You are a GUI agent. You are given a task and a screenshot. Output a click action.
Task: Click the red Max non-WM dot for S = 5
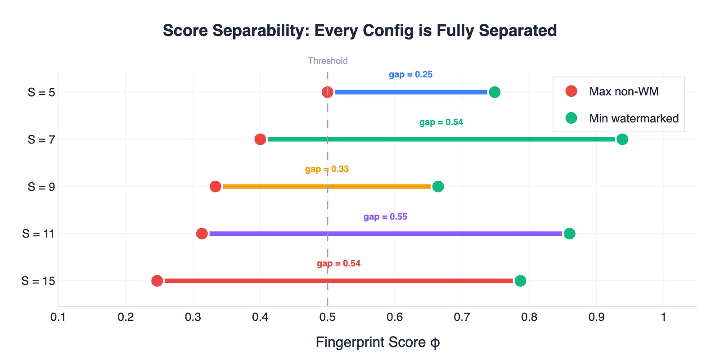click(x=328, y=92)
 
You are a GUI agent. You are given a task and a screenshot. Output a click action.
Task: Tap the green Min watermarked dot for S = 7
click(x=622, y=139)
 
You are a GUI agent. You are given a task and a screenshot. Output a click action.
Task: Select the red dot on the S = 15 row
click(x=157, y=281)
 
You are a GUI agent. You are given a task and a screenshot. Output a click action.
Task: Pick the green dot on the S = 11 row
click(x=569, y=234)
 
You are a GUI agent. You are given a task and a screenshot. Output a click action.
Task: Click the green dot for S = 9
click(x=438, y=186)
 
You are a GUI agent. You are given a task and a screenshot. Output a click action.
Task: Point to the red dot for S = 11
click(x=202, y=234)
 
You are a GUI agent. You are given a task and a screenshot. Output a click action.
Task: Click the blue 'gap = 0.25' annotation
click(x=410, y=75)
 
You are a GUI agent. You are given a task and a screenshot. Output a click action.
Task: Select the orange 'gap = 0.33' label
click(x=327, y=169)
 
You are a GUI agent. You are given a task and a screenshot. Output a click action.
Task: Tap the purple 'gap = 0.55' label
click(x=385, y=217)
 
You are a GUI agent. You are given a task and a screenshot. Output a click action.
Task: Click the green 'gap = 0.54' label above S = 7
click(x=441, y=122)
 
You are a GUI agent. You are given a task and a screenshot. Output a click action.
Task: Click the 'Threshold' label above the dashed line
click(x=328, y=61)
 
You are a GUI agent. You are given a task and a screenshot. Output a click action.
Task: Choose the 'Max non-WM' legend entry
click(x=623, y=91)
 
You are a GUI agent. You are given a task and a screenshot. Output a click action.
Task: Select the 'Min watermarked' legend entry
click(x=633, y=118)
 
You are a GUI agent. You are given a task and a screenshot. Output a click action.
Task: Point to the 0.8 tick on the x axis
click(x=529, y=317)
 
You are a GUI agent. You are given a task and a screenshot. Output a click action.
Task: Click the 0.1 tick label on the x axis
click(x=58, y=317)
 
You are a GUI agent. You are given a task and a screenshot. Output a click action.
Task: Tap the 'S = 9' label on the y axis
click(x=41, y=187)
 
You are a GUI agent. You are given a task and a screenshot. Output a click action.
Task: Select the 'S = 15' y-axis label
click(x=38, y=281)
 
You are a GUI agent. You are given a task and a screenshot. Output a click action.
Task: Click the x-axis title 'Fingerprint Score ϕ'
click(x=378, y=342)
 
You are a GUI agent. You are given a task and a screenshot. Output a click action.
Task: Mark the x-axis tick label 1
click(x=663, y=317)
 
